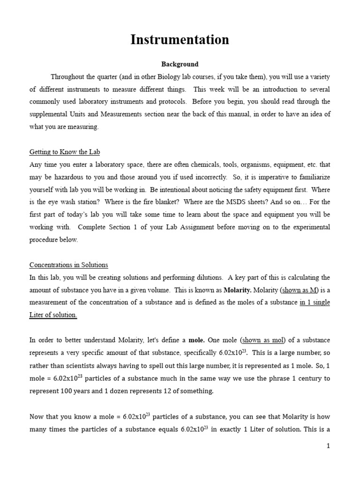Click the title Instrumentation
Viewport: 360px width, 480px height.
180,40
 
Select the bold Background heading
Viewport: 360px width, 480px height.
180,64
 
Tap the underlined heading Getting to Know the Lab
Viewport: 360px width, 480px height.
65,152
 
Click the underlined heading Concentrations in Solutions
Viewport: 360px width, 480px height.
68,265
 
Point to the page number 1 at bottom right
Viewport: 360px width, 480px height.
329,446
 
